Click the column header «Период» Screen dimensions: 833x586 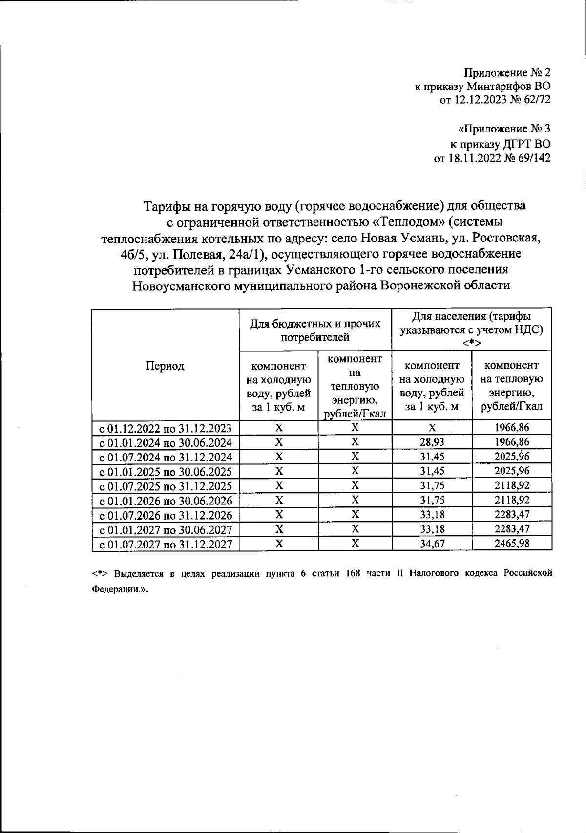coord(165,366)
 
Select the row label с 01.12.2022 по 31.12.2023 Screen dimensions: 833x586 coord(166,429)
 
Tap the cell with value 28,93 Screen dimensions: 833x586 coord(432,442)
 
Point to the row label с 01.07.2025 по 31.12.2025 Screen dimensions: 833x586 coord(166,486)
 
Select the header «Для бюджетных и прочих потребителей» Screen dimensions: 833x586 coord(315,330)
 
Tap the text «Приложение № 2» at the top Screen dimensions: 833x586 coord(507,73)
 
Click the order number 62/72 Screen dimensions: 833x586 coord(535,100)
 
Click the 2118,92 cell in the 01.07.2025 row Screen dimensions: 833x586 coord(512,486)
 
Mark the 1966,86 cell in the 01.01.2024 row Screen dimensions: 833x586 coord(512,442)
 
